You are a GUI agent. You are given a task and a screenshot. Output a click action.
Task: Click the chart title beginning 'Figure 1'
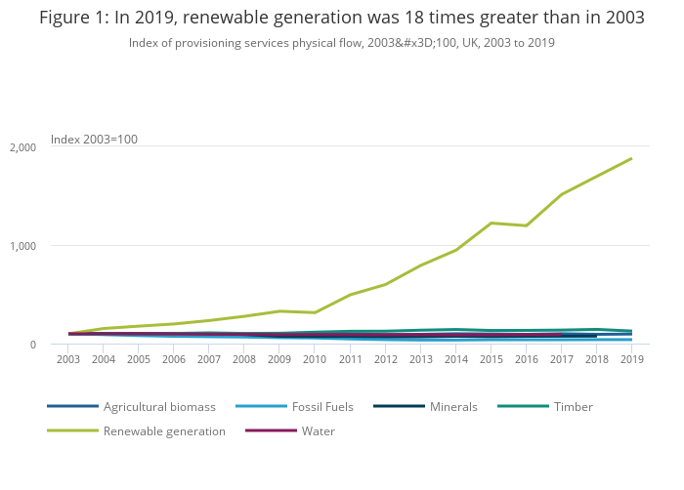coord(341,18)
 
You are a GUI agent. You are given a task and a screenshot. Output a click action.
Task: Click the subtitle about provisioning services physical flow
coord(341,43)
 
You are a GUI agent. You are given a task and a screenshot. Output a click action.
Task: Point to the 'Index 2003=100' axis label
coord(94,140)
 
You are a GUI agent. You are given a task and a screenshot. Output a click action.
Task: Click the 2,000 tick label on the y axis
coord(22,147)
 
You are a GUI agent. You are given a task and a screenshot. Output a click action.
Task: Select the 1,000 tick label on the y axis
coord(22,246)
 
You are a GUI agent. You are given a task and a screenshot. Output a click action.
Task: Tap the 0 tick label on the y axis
coord(32,345)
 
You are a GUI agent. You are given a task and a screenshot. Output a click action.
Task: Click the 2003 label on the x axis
coord(67,359)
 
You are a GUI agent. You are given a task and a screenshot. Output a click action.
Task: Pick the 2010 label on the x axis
coord(314,359)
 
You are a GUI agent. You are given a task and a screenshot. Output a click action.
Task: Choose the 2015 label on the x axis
coord(491,359)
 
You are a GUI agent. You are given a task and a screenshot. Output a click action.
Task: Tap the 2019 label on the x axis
coord(631,359)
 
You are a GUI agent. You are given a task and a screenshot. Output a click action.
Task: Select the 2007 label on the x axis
coord(208,359)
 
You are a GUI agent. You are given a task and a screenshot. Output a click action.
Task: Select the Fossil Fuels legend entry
coord(322,406)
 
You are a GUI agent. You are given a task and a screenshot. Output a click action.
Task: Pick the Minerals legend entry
coord(453,406)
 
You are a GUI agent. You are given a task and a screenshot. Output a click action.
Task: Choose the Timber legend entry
coord(572,406)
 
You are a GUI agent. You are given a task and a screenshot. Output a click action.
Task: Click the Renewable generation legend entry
coord(164,430)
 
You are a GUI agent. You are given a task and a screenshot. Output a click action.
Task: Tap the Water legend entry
coord(320,430)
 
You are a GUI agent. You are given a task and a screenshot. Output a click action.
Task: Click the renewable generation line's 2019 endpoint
coord(631,158)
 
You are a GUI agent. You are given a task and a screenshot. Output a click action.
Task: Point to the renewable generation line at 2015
coord(491,223)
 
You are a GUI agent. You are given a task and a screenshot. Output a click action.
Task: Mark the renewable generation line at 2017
coord(561,194)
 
